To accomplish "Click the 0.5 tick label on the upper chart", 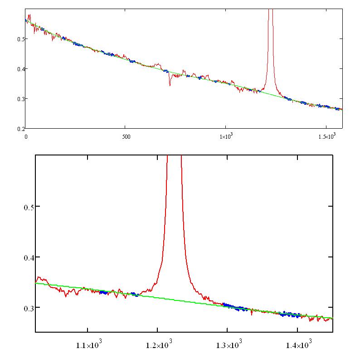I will [x=20, y=39].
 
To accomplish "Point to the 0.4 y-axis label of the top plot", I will [x=20, y=69].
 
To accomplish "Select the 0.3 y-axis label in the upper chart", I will [x=20, y=99].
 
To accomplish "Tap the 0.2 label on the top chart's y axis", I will [x=20, y=129].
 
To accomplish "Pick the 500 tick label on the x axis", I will [x=126, y=136].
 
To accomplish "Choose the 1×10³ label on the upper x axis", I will [x=226, y=136].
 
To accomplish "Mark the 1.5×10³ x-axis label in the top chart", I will [x=326, y=136].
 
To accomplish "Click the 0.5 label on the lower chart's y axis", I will [x=29, y=207].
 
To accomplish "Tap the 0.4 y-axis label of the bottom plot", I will [x=29, y=257].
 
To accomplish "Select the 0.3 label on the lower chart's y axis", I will [x=29, y=308].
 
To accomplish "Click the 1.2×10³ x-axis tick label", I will [x=157, y=346].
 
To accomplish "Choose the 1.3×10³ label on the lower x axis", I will [x=227, y=346].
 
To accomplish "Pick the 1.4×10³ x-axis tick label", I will [x=297, y=346].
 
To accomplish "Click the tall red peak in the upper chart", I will [x=271, y=45].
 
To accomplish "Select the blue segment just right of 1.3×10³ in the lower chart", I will [x=236, y=307].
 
